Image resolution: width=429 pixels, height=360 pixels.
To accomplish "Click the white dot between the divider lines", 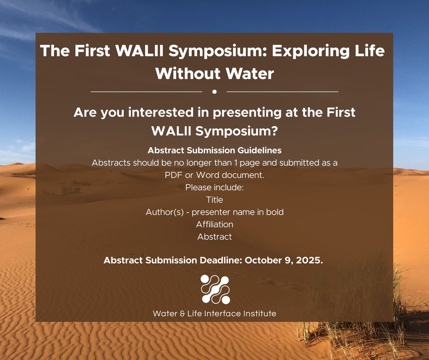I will click(214, 92).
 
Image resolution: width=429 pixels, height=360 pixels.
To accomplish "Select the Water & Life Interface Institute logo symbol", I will click(215, 290).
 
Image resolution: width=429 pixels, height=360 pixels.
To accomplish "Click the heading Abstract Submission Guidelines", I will click(214, 150).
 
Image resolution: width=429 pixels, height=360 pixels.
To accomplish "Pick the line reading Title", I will click(214, 200).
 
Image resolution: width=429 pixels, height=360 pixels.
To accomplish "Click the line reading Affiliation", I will click(214, 224).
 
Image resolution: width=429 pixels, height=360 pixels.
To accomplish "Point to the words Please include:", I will click(214, 187).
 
